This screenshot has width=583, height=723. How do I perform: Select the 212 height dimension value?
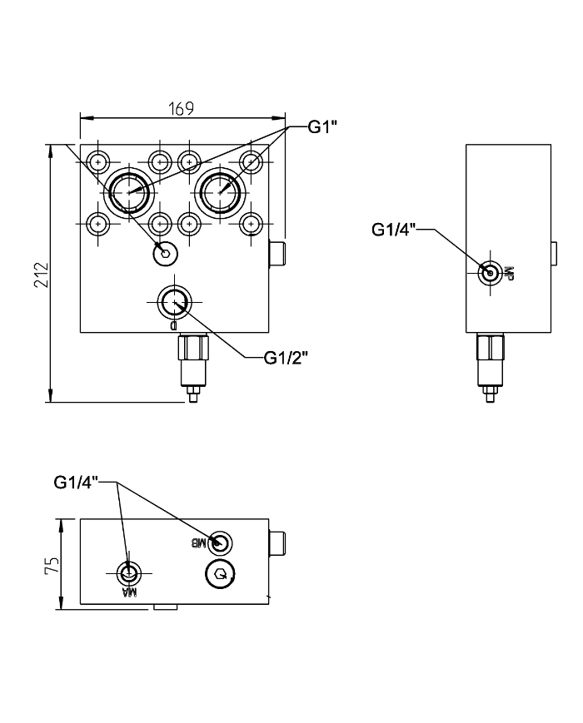tap(42, 275)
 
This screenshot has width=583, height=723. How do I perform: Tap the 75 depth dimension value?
tap(52, 566)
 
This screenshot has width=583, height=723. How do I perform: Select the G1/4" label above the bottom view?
tap(77, 482)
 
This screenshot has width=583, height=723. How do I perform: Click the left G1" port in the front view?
tap(130, 191)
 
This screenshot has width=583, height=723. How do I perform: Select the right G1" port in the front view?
tap(221, 191)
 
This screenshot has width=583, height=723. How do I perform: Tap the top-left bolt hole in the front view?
tap(99, 161)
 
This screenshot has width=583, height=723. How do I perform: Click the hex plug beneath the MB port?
tap(220, 573)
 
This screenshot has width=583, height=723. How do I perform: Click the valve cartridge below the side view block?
tap(490, 363)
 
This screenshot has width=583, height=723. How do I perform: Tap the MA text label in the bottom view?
tap(129, 592)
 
